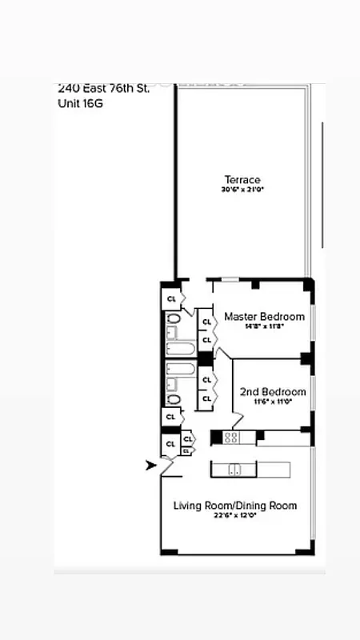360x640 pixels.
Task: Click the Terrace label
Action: [242, 180]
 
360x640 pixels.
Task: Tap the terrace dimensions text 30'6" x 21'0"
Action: [242, 190]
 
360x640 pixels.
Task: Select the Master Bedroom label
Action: [264, 317]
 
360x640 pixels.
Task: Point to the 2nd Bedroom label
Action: [273, 392]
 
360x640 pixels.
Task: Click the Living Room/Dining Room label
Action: [235, 506]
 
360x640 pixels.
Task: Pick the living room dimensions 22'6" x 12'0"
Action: [235, 516]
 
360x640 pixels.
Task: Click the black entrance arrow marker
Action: [150, 466]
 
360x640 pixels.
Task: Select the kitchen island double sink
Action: [234, 470]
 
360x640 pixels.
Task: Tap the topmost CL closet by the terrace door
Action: [171, 298]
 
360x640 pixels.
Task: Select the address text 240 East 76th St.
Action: [103, 89]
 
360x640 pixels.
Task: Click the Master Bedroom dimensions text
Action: [264, 327]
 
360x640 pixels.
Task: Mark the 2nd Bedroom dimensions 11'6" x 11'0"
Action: [273, 402]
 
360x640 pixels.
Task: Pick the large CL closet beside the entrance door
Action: [170, 443]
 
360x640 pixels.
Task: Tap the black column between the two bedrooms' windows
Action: [306, 358]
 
